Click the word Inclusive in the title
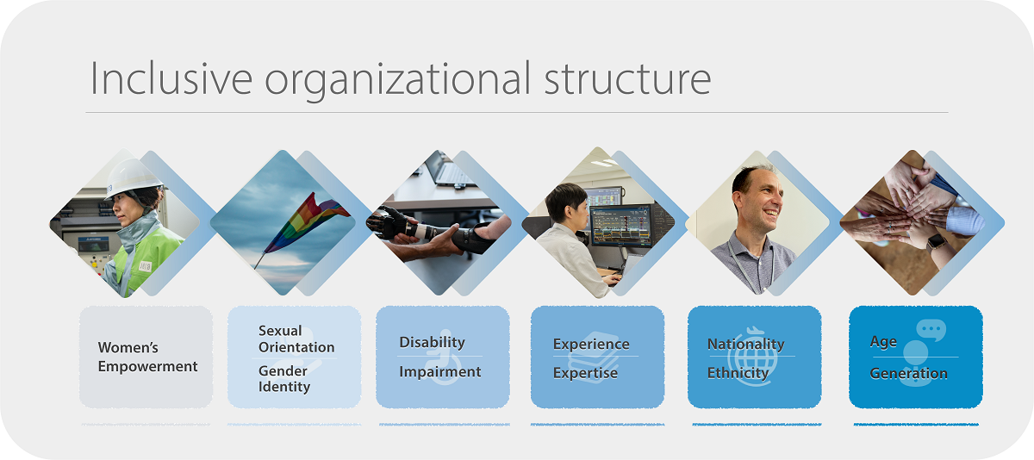[171, 78]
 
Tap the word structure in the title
[628, 79]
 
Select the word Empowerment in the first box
[147, 366]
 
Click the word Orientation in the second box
[296, 347]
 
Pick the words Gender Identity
[283, 378]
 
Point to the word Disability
[432, 342]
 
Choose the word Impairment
[440, 372]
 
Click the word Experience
[591, 345]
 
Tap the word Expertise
[585, 373]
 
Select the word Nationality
[746, 345]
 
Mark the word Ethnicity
[738, 373]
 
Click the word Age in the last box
[883, 342]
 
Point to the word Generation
[908, 373]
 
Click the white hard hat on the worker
[133, 177]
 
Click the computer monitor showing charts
[622, 226]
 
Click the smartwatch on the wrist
[936, 242]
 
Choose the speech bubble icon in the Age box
[931, 329]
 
